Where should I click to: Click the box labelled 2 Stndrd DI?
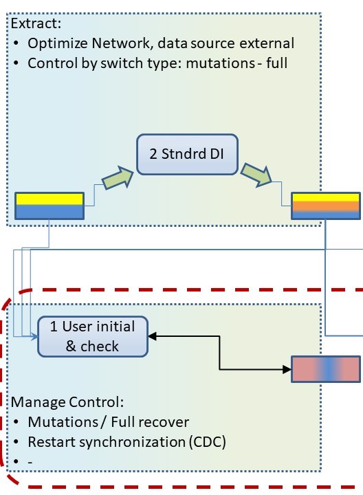187,155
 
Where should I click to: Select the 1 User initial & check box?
93,336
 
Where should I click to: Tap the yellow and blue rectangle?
49,206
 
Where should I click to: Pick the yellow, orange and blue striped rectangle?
326,206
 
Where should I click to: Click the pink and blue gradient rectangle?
326,369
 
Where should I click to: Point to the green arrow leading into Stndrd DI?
118,178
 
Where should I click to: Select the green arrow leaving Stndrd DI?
256,175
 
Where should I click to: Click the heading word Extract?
36,23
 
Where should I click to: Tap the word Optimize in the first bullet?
58,43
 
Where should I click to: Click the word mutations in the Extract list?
220,63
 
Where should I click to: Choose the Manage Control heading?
67,402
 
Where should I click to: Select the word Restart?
52,442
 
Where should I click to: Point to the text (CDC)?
208,442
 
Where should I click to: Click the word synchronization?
132,442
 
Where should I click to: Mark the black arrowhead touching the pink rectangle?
287,369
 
